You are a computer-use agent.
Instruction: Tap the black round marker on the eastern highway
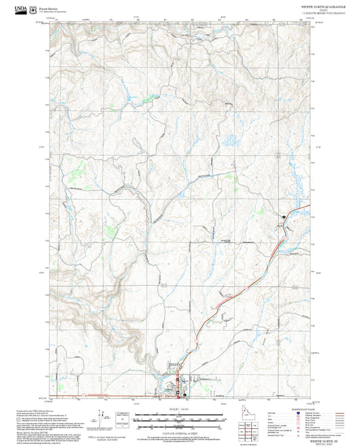pyautogui.click(x=284, y=216)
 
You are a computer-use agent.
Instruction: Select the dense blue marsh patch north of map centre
pyautogui.click(x=230, y=142)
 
